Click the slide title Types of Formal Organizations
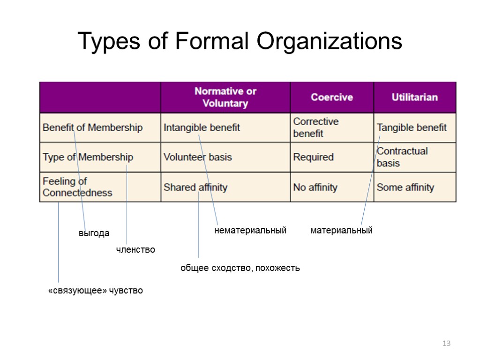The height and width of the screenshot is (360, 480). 240,41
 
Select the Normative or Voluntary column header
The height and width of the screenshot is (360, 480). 225,97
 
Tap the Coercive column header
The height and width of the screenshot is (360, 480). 332,97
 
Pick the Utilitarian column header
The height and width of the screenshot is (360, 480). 414,97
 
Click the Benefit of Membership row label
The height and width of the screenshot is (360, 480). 92,127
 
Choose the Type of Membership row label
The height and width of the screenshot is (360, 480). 88,157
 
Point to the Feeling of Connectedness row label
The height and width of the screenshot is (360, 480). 77,187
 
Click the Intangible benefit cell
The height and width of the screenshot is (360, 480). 202,127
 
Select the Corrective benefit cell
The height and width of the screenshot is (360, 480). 315,127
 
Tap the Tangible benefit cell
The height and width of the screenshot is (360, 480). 412,127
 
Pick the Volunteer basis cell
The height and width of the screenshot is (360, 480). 197,157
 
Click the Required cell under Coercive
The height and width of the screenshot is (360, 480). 313,157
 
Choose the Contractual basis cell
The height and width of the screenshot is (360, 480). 402,157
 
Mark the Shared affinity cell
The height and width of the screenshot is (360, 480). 195,187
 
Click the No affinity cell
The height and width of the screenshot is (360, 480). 315,187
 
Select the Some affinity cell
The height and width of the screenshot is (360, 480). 405,187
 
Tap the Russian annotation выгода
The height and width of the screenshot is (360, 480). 94,233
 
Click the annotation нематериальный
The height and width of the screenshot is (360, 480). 250,231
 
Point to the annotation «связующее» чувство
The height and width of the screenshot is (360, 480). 96,291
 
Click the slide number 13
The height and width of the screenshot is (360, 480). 446,344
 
